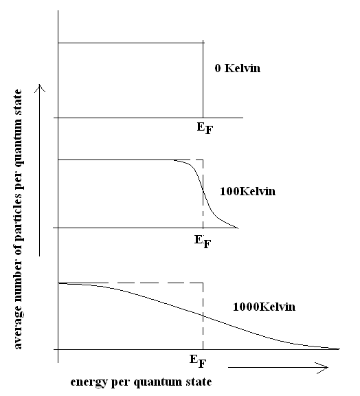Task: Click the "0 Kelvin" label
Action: click(x=238, y=69)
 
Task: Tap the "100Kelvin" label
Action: click(x=247, y=191)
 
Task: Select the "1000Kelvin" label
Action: click(x=264, y=307)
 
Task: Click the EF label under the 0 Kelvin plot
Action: click(x=205, y=129)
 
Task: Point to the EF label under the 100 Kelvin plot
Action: click(x=203, y=242)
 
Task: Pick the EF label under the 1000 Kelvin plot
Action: click(x=198, y=362)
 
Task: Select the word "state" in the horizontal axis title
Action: click(x=199, y=382)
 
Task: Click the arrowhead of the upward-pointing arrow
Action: click(x=40, y=88)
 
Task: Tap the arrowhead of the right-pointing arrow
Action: click(x=324, y=367)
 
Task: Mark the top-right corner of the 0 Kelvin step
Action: click(x=203, y=43)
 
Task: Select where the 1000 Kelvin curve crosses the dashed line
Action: click(x=203, y=316)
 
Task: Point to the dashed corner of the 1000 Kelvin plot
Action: click(x=203, y=283)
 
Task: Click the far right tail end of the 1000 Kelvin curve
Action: click(x=339, y=349)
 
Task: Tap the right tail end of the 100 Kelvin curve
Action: click(x=238, y=228)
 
